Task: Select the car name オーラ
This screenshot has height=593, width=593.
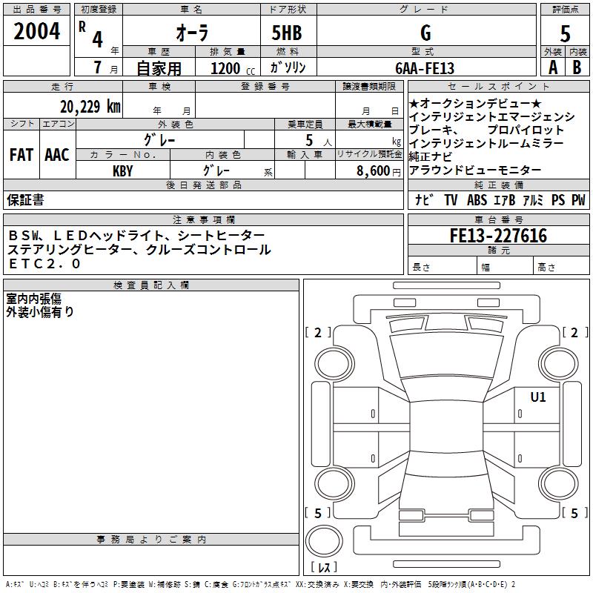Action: (191, 33)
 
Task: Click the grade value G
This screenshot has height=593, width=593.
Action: (425, 33)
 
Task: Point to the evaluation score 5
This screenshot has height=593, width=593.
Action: (566, 33)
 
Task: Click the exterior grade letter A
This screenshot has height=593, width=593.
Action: (552, 67)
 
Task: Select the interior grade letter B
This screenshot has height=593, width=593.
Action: (577, 67)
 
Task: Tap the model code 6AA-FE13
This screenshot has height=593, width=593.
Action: (425, 67)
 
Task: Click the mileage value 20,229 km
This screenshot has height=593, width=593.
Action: (90, 106)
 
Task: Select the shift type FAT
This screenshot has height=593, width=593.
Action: (21, 155)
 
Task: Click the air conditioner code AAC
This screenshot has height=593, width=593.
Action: (56, 155)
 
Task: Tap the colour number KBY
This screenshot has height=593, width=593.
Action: (122, 170)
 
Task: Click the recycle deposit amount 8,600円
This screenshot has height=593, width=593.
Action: (377, 170)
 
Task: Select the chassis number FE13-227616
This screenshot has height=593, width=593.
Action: (498, 236)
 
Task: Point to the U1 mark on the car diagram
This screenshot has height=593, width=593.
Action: (537, 397)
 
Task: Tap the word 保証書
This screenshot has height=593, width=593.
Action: (25, 199)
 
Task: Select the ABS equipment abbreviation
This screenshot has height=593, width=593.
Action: (478, 199)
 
